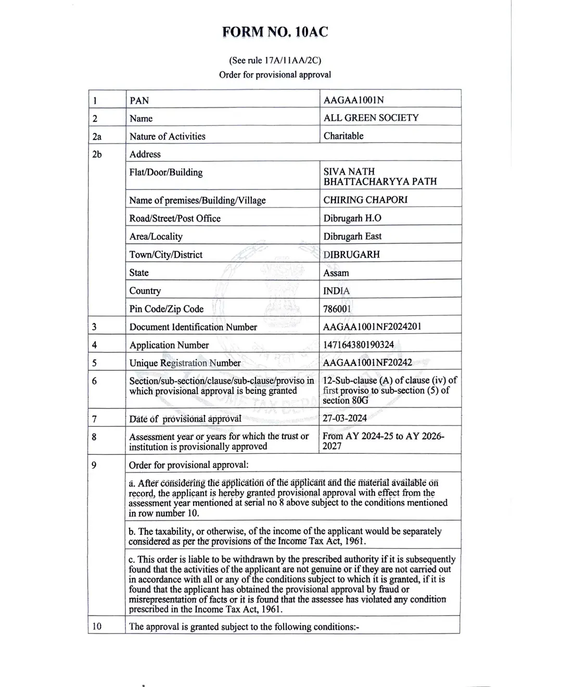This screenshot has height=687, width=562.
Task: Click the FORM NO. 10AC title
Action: (275, 32)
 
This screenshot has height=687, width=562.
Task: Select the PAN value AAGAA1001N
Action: (353, 100)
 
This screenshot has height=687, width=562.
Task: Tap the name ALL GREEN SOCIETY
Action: (371, 118)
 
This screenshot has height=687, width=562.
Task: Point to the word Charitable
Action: (343, 136)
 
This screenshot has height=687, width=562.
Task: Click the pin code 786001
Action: (337, 309)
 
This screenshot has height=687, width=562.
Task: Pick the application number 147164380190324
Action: (359, 345)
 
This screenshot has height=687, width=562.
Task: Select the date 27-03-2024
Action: (344, 418)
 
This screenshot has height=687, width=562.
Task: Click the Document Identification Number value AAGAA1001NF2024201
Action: (372, 327)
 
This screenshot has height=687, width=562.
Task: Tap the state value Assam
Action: (336, 273)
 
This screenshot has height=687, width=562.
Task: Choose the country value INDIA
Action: (337, 291)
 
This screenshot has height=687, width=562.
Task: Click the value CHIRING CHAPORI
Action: (365, 200)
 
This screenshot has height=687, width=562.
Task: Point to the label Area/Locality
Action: (156, 236)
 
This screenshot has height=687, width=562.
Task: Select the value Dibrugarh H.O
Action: (352, 218)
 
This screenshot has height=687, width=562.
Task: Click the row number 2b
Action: (97, 154)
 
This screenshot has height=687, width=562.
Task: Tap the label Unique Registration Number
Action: (185, 363)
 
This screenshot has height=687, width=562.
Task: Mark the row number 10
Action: (97, 626)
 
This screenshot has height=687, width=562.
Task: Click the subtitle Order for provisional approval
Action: (275, 74)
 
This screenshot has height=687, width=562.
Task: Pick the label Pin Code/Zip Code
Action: (167, 309)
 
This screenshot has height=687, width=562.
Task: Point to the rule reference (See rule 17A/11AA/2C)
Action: (275, 60)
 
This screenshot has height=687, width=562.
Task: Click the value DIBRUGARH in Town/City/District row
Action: (351, 255)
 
